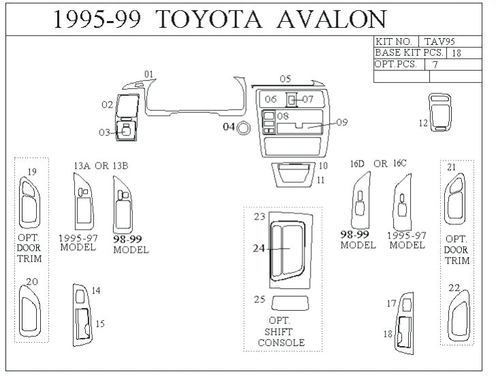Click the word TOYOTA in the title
(211, 20)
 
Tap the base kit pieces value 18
(456, 52)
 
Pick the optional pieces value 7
(433, 65)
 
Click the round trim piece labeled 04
(242, 127)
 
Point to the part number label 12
(423, 123)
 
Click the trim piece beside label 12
(441, 112)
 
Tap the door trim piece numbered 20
(31, 312)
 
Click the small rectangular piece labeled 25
(290, 303)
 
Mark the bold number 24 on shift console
(259, 249)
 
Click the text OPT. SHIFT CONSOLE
(281, 331)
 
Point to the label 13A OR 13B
(100, 165)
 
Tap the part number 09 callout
(341, 122)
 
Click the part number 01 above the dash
(149, 74)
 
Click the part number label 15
(99, 324)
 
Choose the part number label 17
(391, 303)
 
